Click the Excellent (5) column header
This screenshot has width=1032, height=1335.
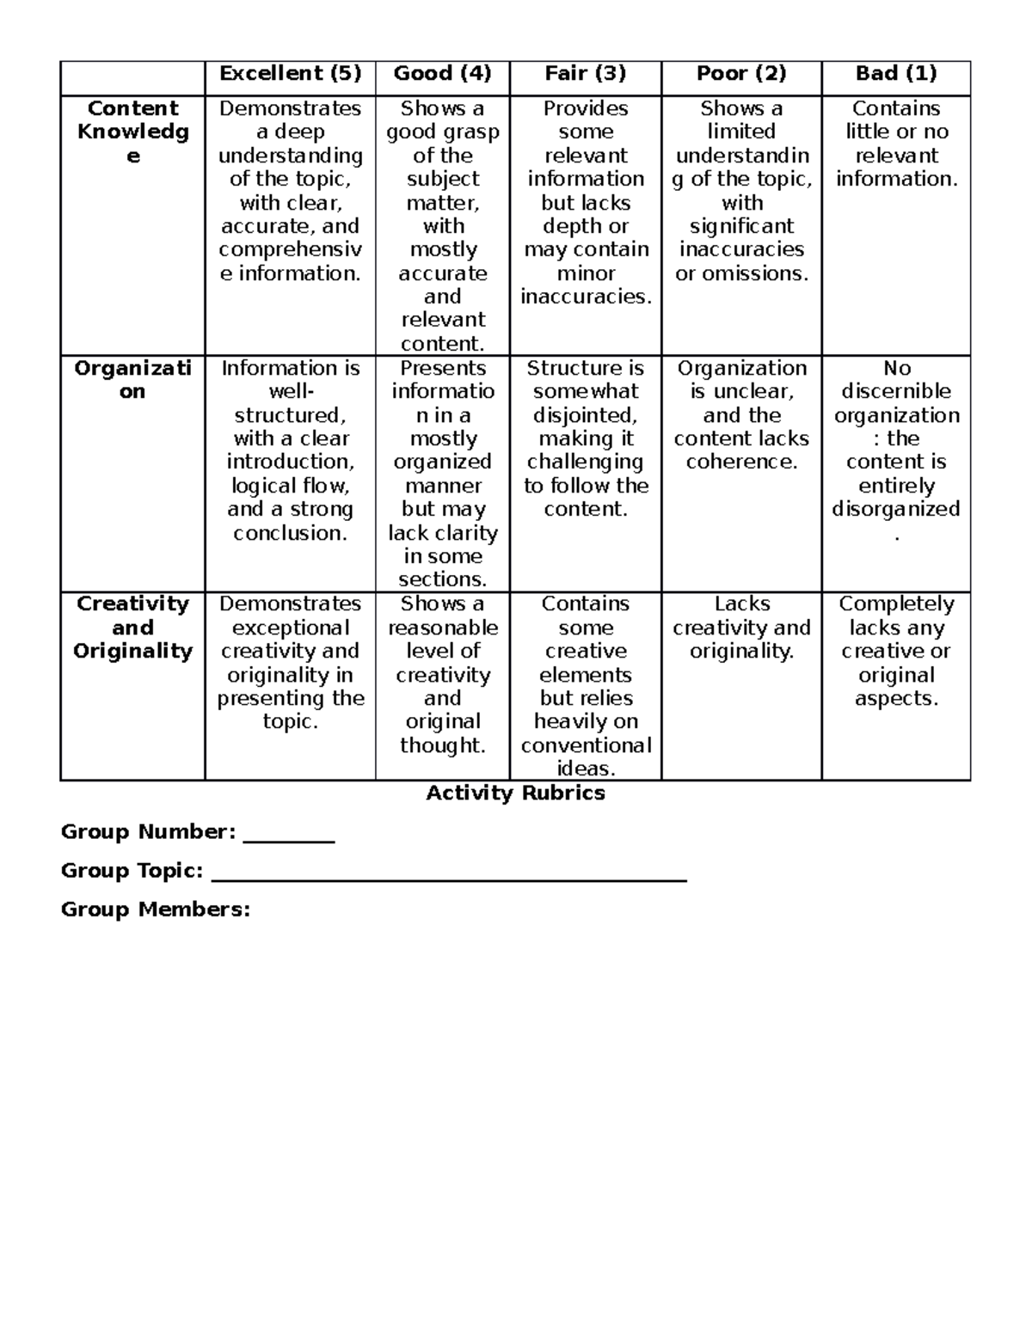290,74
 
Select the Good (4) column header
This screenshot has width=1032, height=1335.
442,74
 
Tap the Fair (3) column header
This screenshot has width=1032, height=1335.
585,74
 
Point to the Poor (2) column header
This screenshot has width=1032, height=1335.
740,74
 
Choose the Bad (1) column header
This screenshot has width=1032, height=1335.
895,74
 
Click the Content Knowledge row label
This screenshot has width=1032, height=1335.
132,132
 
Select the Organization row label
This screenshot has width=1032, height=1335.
132,380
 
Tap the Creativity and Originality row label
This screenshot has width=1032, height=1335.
132,628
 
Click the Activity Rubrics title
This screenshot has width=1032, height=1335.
515,793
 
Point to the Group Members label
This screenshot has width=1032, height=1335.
155,909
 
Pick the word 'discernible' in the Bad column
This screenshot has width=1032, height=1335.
895,392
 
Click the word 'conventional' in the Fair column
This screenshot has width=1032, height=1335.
586,745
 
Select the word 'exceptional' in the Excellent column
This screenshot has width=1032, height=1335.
290,628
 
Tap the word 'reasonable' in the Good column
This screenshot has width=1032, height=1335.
442,628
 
